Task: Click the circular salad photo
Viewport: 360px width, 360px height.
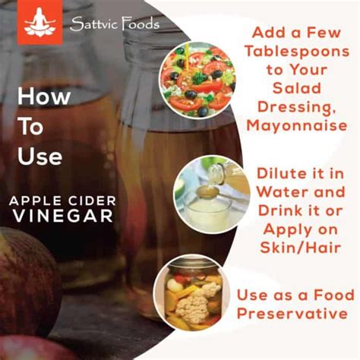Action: (x=197, y=80)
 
